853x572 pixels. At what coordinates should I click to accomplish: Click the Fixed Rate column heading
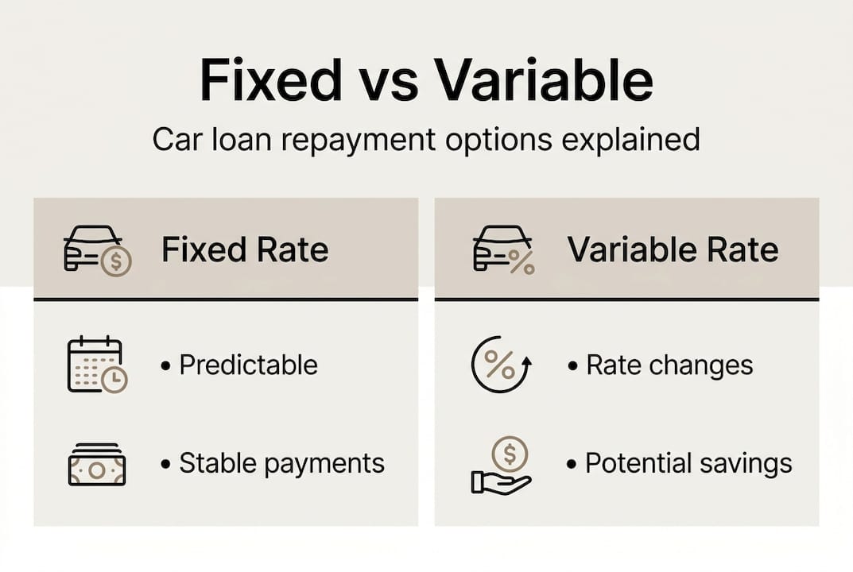pyautogui.click(x=245, y=250)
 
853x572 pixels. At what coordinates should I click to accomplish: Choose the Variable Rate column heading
pyautogui.click(x=673, y=250)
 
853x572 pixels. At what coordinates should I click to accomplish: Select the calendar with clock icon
pyautogui.click(x=97, y=365)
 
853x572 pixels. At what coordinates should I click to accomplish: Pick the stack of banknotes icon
pyautogui.click(x=96, y=465)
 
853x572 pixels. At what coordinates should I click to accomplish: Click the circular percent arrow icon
pyautogui.click(x=501, y=365)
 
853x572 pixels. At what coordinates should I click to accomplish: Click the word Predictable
pyautogui.click(x=248, y=365)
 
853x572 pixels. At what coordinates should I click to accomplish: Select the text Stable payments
pyautogui.click(x=281, y=463)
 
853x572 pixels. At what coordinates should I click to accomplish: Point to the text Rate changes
pyautogui.click(x=669, y=365)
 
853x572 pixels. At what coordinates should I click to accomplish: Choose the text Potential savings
pyautogui.click(x=688, y=463)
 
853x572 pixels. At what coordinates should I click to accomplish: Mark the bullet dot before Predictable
pyautogui.click(x=165, y=366)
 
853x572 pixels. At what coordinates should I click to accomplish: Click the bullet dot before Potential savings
pyautogui.click(x=572, y=464)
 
